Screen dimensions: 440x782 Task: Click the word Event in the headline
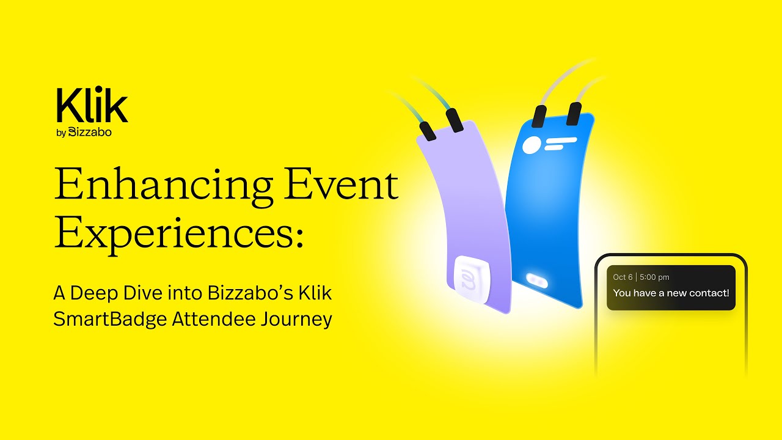click(342, 185)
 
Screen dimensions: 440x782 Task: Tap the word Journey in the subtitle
click(300, 319)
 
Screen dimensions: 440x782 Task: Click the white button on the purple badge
click(473, 280)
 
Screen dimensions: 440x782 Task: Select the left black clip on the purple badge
click(428, 130)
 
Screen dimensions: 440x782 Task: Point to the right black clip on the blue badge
click(574, 114)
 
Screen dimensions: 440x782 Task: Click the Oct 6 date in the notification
click(623, 277)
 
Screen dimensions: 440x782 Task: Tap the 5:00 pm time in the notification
click(654, 277)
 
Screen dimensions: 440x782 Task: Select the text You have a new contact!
click(671, 293)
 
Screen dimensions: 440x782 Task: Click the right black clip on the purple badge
click(455, 120)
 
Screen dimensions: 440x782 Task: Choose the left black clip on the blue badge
click(539, 116)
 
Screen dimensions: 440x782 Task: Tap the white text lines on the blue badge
click(561, 144)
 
